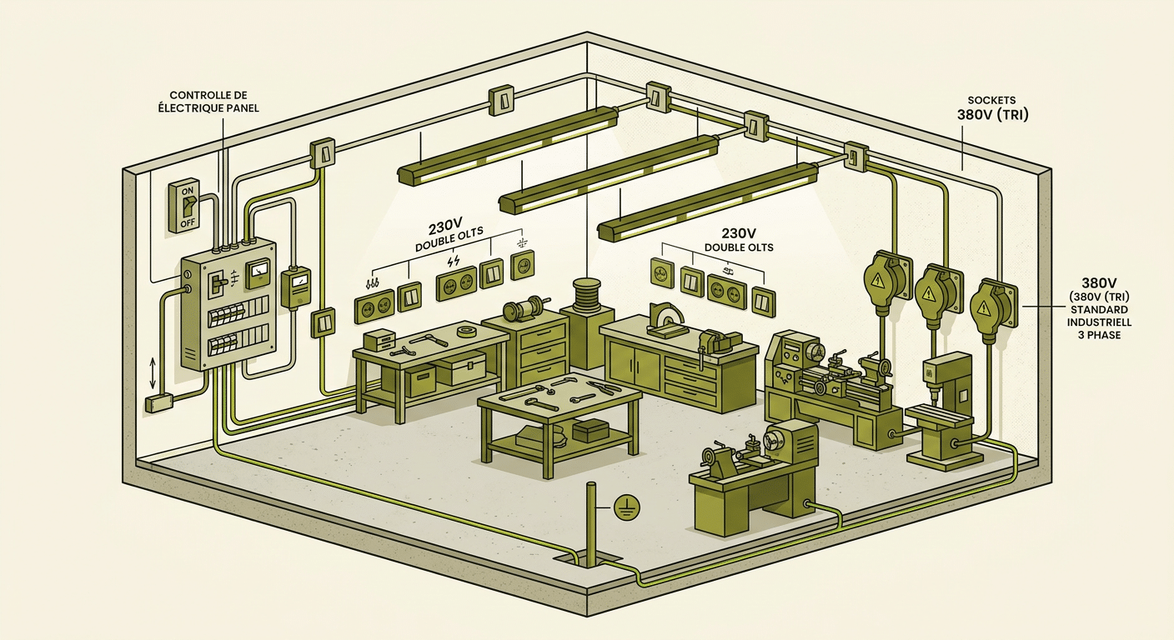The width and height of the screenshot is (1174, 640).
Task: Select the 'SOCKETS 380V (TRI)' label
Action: (x=993, y=108)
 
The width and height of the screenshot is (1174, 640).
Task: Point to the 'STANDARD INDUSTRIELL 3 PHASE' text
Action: (x=1094, y=322)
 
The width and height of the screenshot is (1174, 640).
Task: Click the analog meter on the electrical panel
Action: (x=258, y=274)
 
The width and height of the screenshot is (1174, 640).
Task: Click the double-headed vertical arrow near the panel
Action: (x=153, y=373)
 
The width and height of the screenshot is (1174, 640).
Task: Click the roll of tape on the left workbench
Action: (x=466, y=331)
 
